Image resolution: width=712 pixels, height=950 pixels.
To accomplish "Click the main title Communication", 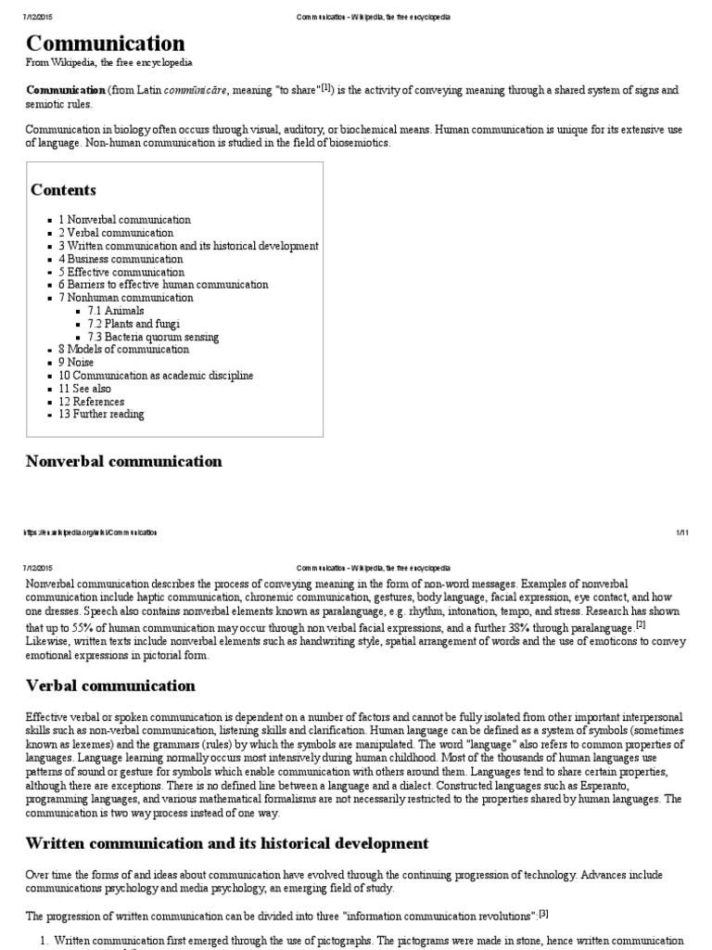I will (x=105, y=44).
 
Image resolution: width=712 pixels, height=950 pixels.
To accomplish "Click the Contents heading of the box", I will (x=63, y=190).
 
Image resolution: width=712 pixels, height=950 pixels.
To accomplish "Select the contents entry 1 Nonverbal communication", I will (x=124, y=220).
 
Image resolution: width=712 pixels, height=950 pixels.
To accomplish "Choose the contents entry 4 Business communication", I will (x=121, y=260).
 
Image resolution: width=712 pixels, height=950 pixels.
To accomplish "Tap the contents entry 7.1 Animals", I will (x=116, y=312).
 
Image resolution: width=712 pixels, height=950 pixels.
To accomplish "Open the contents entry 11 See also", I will (x=91, y=389).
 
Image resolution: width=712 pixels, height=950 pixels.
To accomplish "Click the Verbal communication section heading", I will (x=110, y=687).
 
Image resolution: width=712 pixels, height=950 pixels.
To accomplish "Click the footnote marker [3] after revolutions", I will (x=545, y=914).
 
